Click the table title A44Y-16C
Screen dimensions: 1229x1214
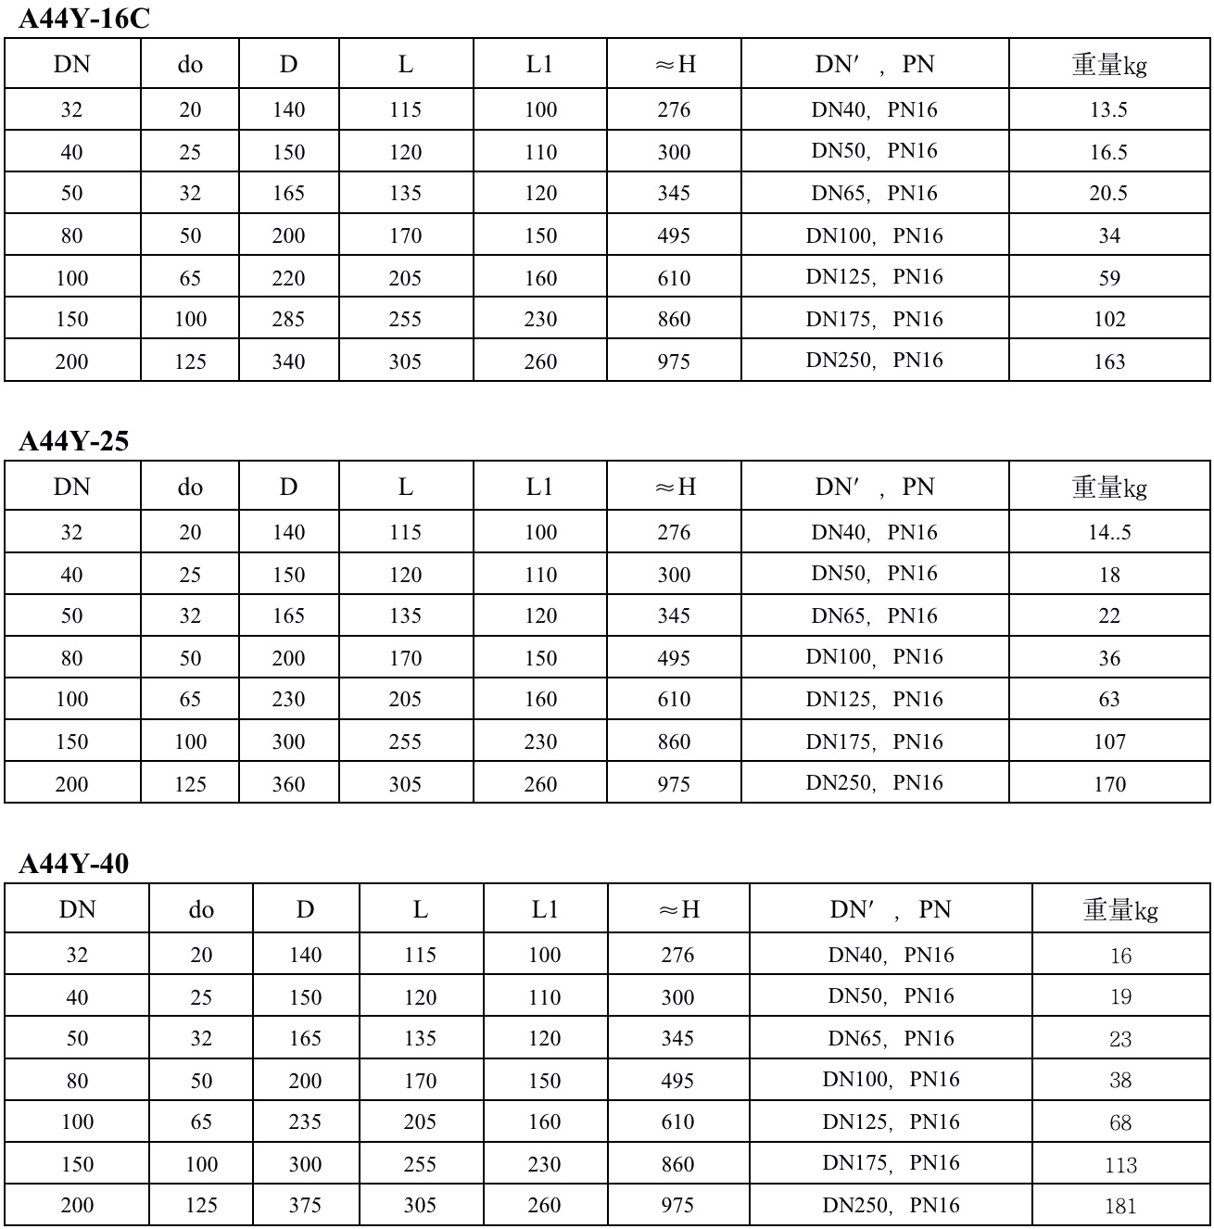83,19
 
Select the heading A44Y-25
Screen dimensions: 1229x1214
73,441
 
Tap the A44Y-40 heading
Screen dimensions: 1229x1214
73,864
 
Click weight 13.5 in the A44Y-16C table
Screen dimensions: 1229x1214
1108,110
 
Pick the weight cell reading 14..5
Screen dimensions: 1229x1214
1108,533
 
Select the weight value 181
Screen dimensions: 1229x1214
1119,1206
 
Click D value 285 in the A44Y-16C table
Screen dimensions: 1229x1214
288,320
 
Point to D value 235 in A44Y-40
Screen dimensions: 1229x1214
305,1122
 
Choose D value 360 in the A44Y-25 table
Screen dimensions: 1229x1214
288,784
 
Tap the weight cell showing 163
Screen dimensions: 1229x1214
1108,361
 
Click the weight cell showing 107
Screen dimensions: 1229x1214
1108,742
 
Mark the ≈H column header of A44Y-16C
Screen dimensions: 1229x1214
675,64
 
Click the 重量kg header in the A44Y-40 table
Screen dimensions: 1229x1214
1119,910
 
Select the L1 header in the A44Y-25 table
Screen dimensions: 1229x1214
539,487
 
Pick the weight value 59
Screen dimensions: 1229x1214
1108,278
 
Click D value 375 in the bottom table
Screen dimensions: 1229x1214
305,1206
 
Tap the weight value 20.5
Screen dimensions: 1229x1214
1108,194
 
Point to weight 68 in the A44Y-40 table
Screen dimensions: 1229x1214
1119,1122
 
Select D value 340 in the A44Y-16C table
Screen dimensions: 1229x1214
288,361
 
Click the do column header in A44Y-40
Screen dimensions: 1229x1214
201,910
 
